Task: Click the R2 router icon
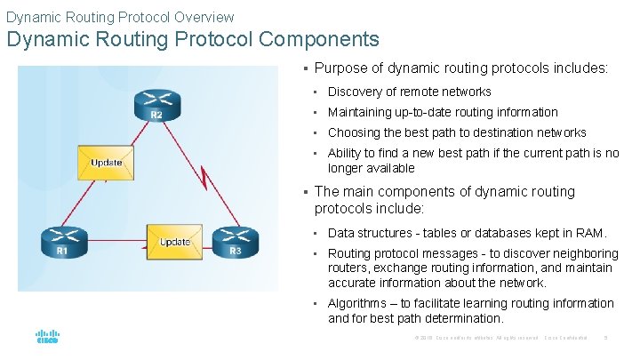(x=156, y=106)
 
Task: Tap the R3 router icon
(x=236, y=242)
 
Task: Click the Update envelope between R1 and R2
(x=106, y=163)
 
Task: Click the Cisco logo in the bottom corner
(x=47, y=338)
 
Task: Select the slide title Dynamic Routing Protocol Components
(x=193, y=40)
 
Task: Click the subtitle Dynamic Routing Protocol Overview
(x=120, y=16)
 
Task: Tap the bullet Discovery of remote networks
(x=409, y=92)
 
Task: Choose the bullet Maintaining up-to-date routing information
(x=443, y=112)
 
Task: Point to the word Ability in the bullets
(x=345, y=153)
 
